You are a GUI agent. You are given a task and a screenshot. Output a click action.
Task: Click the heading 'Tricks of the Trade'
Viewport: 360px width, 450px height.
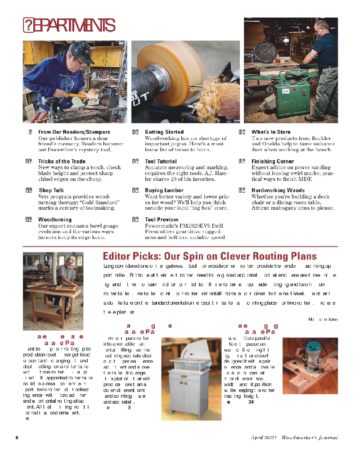click(x=62, y=161)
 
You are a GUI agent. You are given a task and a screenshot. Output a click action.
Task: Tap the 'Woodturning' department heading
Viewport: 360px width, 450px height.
click(x=54, y=220)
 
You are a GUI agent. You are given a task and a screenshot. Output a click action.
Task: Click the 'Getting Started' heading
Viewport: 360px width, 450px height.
click(x=164, y=132)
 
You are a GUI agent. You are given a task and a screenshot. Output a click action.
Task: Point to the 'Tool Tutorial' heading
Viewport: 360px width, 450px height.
click(x=161, y=161)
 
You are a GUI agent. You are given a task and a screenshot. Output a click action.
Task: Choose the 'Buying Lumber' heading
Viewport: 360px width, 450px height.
click(x=164, y=190)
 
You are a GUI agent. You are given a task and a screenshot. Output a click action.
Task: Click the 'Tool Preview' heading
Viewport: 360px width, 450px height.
click(x=161, y=220)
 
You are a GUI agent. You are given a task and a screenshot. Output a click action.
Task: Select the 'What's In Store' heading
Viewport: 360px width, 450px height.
click(x=271, y=132)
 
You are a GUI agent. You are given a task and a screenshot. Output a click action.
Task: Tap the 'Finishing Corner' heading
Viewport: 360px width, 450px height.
click(x=272, y=161)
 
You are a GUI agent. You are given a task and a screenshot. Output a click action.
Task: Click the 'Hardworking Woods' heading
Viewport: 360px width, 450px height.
click(x=278, y=190)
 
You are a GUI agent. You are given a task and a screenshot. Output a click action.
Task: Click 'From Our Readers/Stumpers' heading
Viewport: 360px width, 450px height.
click(x=74, y=132)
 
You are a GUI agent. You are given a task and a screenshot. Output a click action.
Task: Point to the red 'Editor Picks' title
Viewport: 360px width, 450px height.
click(x=209, y=256)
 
